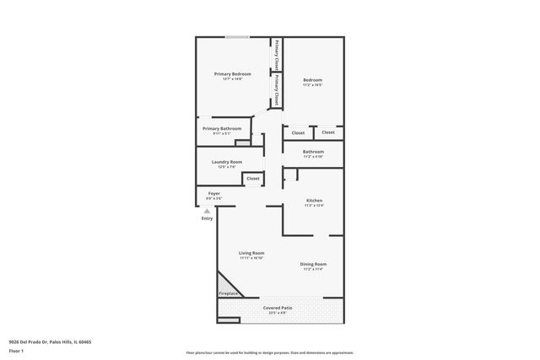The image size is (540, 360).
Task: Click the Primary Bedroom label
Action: point(233,74)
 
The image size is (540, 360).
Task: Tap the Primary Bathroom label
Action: point(222,128)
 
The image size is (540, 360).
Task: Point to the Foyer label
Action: point(214,193)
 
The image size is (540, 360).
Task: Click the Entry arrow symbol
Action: point(207,211)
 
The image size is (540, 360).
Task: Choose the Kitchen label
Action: point(314,200)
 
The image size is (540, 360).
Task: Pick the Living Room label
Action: point(251,253)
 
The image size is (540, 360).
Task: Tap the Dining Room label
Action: point(313,264)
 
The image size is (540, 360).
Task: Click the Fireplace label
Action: point(229,293)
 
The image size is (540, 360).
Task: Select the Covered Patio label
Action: point(278,308)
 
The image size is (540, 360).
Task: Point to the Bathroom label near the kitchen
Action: point(313,152)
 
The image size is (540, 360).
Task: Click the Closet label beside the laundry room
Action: point(253,179)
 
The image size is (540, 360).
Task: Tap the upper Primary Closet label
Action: point(276,53)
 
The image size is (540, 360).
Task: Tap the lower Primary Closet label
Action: point(276,90)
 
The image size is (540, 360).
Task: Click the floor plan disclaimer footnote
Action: point(269,352)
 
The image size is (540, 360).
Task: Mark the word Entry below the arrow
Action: point(207,218)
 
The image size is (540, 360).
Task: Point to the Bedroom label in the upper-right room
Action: point(313,80)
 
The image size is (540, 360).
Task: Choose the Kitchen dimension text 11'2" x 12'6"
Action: point(314,205)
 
